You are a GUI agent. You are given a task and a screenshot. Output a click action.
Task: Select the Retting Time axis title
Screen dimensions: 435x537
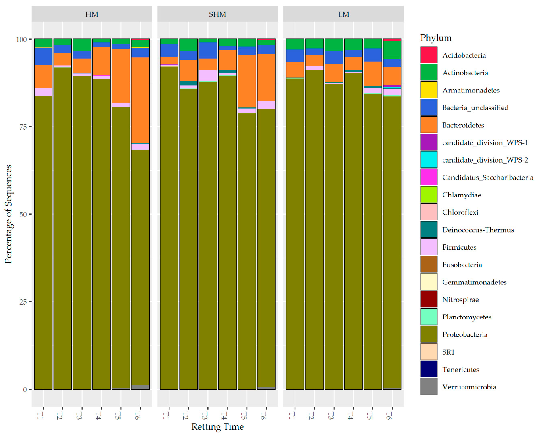[217, 426]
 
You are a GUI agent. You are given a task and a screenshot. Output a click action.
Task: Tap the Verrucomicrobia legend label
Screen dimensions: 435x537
[469, 387]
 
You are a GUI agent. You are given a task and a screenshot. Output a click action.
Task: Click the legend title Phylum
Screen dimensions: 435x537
[436, 38]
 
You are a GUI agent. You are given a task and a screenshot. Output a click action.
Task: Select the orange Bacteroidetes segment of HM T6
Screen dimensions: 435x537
[140, 100]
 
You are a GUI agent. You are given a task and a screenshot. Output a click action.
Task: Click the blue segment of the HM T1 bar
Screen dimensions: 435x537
[43, 56]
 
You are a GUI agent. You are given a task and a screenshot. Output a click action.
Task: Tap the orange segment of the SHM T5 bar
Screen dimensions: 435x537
[247, 81]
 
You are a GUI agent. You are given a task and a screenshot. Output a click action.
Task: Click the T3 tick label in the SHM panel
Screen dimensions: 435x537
[205, 416]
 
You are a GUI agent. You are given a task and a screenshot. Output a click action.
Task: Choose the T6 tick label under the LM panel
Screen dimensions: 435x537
[389, 416]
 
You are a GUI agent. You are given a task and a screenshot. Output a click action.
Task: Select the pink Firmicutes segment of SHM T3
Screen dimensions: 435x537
[208, 76]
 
